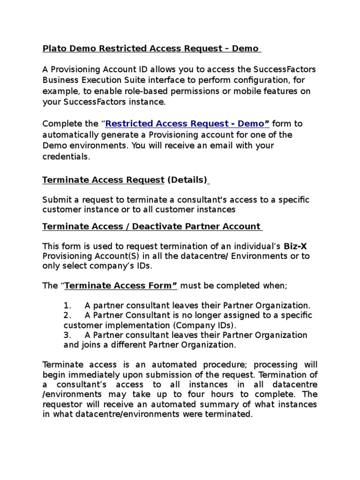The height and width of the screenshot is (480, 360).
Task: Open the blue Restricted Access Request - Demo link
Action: (185, 124)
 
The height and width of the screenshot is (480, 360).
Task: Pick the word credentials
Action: (66, 157)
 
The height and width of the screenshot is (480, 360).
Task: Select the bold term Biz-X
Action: (294, 246)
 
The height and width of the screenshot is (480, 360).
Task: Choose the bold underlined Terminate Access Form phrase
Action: (120, 285)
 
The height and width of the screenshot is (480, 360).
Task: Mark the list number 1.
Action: (67, 305)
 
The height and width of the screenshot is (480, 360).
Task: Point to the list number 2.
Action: (67, 315)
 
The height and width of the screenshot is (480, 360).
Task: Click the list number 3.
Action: (67, 335)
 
